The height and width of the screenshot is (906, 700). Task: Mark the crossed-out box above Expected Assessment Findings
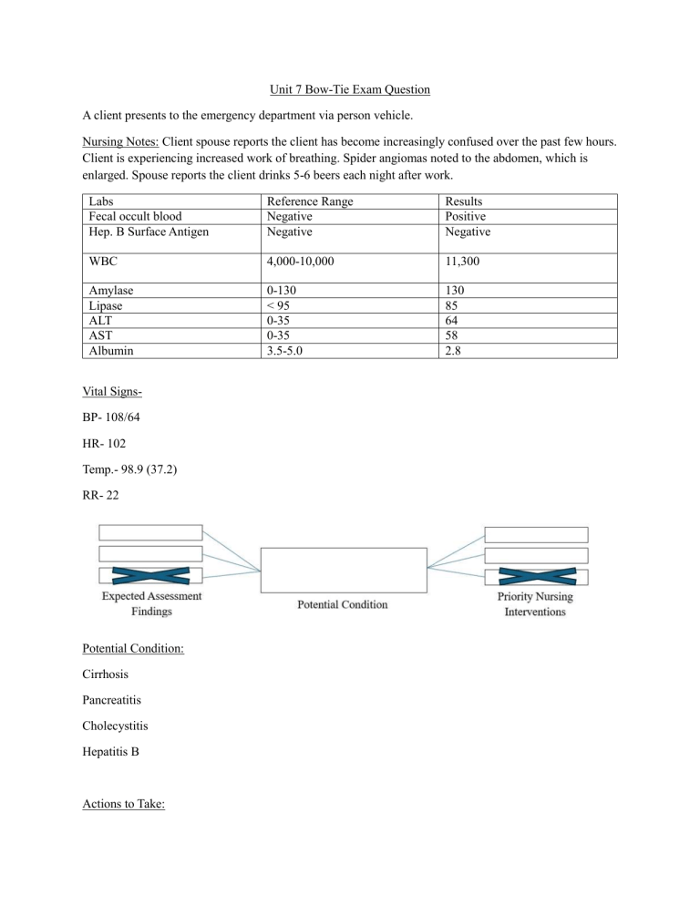click(150, 575)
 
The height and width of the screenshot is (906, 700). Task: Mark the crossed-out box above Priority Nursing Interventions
click(536, 575)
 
